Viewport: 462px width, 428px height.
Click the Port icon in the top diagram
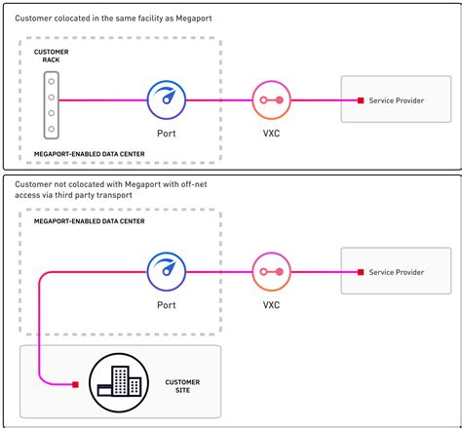click(x=165, y=100)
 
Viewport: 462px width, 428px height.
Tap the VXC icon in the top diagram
click(x=270, y=100)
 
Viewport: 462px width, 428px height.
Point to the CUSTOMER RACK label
click(x=50, y=56)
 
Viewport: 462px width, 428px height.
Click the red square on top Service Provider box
click(x=360, y=100)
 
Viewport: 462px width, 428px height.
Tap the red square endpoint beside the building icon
click(x=75, y=384)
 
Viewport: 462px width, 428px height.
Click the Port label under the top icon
click(x=165, y=134)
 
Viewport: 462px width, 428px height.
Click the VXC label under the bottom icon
click(x=270, y=304)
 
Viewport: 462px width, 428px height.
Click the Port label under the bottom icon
click(x=165, y=304)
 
